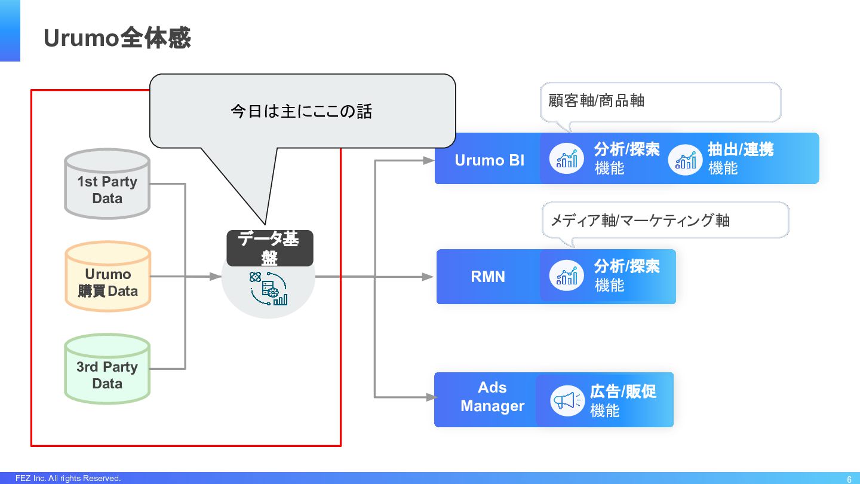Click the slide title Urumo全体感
click(117, 38)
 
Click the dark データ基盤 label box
click(270, 248)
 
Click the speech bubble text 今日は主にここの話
click(301, 111)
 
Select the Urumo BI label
click(489, 160)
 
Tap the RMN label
click(488, 277)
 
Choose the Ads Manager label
click(492, 397)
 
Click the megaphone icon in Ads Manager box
click(566, 400)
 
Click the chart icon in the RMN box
click(566, 277)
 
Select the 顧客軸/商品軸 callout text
click(596, 100)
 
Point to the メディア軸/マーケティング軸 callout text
click(640, 220)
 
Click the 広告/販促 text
click(623, 391)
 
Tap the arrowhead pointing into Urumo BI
click(428, 160)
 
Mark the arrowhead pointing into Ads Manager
click(428, 397)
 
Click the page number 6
click(849, 479)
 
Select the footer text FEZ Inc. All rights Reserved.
click(68, 479)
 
